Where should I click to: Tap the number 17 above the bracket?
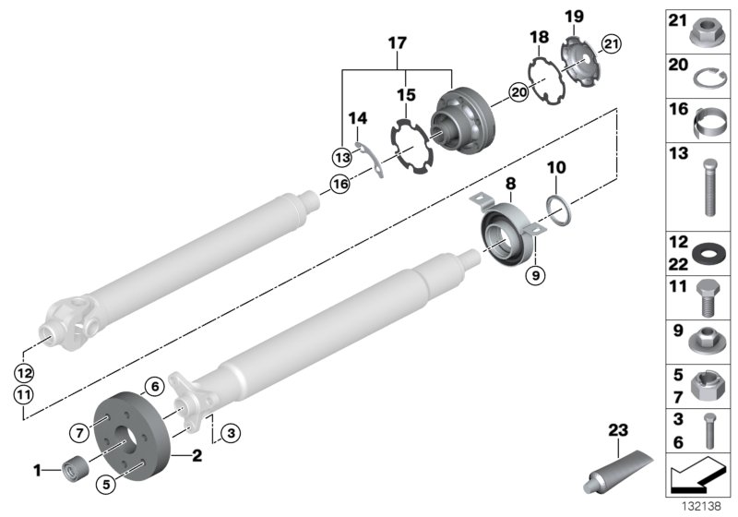pos(396,42)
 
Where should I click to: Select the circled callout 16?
pos(340,184)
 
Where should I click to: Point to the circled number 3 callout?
pos(231,430)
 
